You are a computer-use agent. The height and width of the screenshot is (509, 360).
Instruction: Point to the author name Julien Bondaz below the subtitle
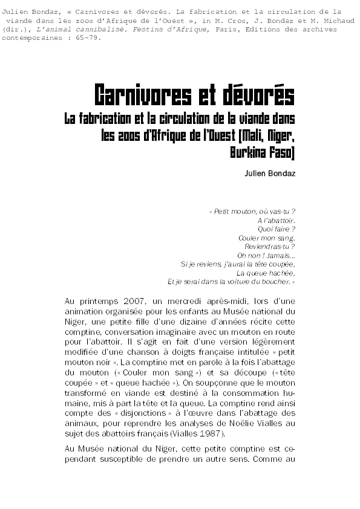(x=269, y=174)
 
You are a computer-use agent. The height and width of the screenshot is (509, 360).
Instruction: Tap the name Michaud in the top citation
(x=321, y=21)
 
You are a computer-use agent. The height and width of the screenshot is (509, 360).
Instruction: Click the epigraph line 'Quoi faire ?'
(x=277, y=229)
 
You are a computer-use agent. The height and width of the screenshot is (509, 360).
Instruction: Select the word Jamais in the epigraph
(x=278, y=255)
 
